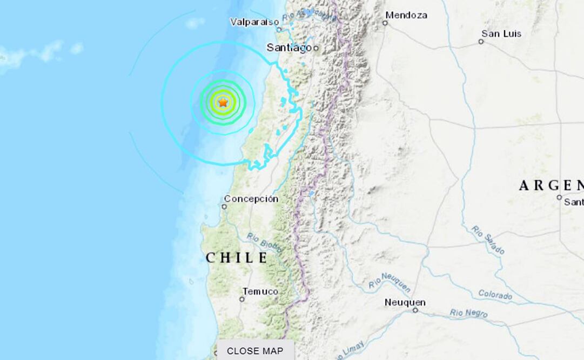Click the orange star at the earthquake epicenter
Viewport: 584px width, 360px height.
[223, 102]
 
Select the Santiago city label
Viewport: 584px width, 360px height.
[290, 48]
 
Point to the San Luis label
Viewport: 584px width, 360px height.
[501, 34]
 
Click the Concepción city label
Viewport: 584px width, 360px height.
[251, 198]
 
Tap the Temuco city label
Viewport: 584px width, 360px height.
[260, 291]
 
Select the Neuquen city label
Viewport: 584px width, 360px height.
[405, 302]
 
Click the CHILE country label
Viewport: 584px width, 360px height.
[237, 258]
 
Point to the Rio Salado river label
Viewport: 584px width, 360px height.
[487, 239]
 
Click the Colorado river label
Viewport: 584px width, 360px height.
[495, 295]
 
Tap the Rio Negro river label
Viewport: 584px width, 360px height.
[469, 312]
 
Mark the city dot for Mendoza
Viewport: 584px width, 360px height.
[385, 23]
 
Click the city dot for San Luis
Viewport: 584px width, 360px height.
[481, 42]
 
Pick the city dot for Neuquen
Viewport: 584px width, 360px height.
[415, 310]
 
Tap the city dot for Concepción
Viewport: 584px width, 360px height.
[225, 206]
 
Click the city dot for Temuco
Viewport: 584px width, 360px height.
[242, 299]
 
